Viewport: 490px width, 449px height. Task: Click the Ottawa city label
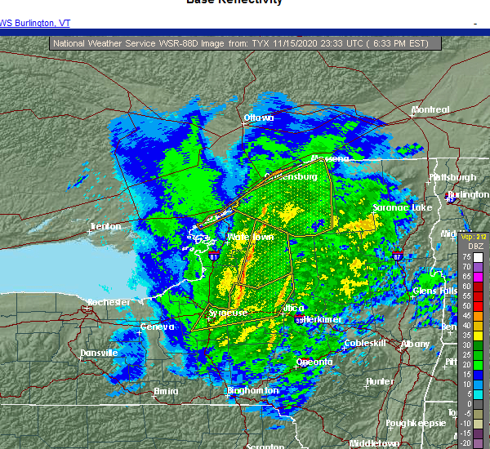click(258, 118)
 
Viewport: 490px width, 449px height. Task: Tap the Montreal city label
click(430, 109)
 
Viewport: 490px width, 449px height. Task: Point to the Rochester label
click(109, 302)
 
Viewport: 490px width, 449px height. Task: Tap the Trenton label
click(105, 226)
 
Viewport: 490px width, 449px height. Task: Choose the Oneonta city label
click(314, 362)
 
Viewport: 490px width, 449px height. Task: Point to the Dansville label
click(98, 353)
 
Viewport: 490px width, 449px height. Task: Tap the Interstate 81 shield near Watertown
click(213, 256)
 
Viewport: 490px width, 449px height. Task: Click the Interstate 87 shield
click(397, 257)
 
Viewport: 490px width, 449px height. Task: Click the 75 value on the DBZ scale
click(466, 256)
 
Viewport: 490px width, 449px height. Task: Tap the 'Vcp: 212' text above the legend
click(474, 237)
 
